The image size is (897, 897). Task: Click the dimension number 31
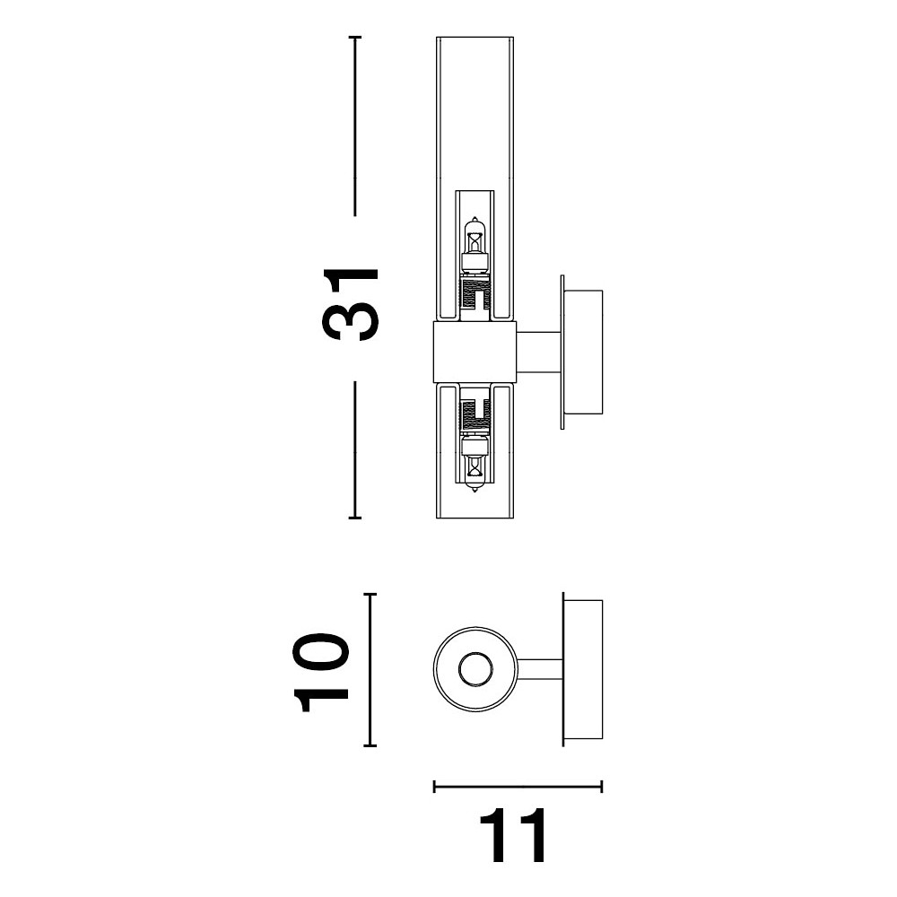[x=351, y=304]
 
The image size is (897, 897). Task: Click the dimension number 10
[x=321, y=672]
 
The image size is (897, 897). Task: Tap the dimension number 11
[x=512, y=835]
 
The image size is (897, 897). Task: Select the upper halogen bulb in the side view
[x=475, y=246]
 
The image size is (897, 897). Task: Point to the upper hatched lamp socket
[x=475, y=293]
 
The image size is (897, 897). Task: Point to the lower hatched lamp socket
[x=475, y=415]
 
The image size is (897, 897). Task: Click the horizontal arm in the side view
[x=539, y=353]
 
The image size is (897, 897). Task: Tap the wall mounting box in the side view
[x=583, y=353]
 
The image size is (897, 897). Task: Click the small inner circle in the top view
[x=475, y=669]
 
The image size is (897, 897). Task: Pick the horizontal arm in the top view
[x=541, y=669]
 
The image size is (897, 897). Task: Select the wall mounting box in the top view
[x=583, y=669]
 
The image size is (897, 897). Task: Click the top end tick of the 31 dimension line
[x=354, y=37]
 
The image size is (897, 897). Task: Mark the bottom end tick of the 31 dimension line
[x=354, y=518]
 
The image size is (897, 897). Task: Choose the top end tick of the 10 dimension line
[x=370, y=595]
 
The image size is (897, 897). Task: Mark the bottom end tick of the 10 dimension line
[x=370, y=745]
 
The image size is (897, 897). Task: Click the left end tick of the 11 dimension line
[x=435, y=787]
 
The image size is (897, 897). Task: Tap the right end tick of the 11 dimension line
[x=601, y=787]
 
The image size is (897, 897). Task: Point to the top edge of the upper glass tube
[x=475, y=38]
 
